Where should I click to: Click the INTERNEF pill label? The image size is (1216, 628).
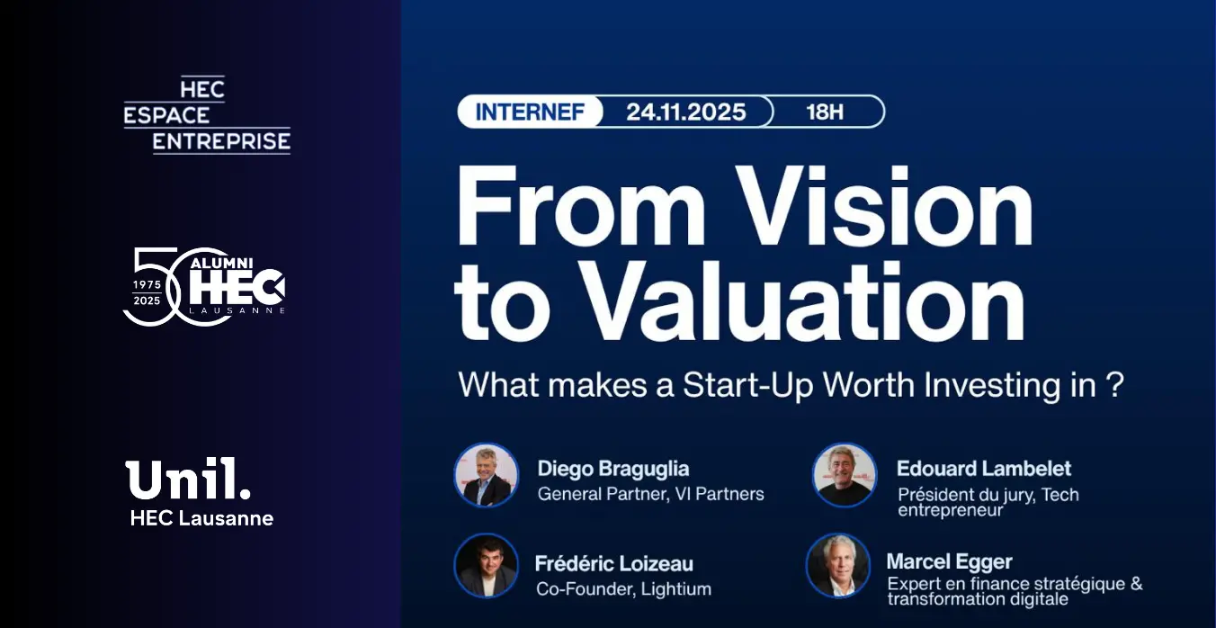tap(530, 112)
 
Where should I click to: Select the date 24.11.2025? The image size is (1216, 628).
tap(686, 112)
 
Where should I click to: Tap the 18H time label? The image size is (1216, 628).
tap(825, 112)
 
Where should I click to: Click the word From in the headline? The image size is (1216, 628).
tap(581, 207)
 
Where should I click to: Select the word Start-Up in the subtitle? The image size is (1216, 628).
tap(747, 385)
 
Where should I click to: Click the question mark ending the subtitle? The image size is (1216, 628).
tap(1114, 384)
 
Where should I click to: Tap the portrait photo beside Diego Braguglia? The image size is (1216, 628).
tap(486, 475)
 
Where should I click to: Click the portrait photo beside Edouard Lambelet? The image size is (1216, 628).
tap(845, 475)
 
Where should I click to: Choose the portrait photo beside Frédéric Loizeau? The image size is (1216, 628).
tap(486, 566)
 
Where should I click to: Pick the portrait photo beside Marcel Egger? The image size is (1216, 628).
tap(837, 566)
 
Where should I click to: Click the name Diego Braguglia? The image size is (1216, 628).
tap(613, 469)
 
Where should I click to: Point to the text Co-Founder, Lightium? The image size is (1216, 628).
tap(624, 589)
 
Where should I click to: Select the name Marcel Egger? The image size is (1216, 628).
tap(950, 562)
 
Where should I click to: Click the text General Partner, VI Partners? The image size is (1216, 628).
tap(651, 494)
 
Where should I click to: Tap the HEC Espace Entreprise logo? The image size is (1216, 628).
tap(207, 114)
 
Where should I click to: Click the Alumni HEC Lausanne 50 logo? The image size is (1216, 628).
tap(204, 287)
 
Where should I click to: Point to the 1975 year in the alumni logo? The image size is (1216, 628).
tap(148, 284)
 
